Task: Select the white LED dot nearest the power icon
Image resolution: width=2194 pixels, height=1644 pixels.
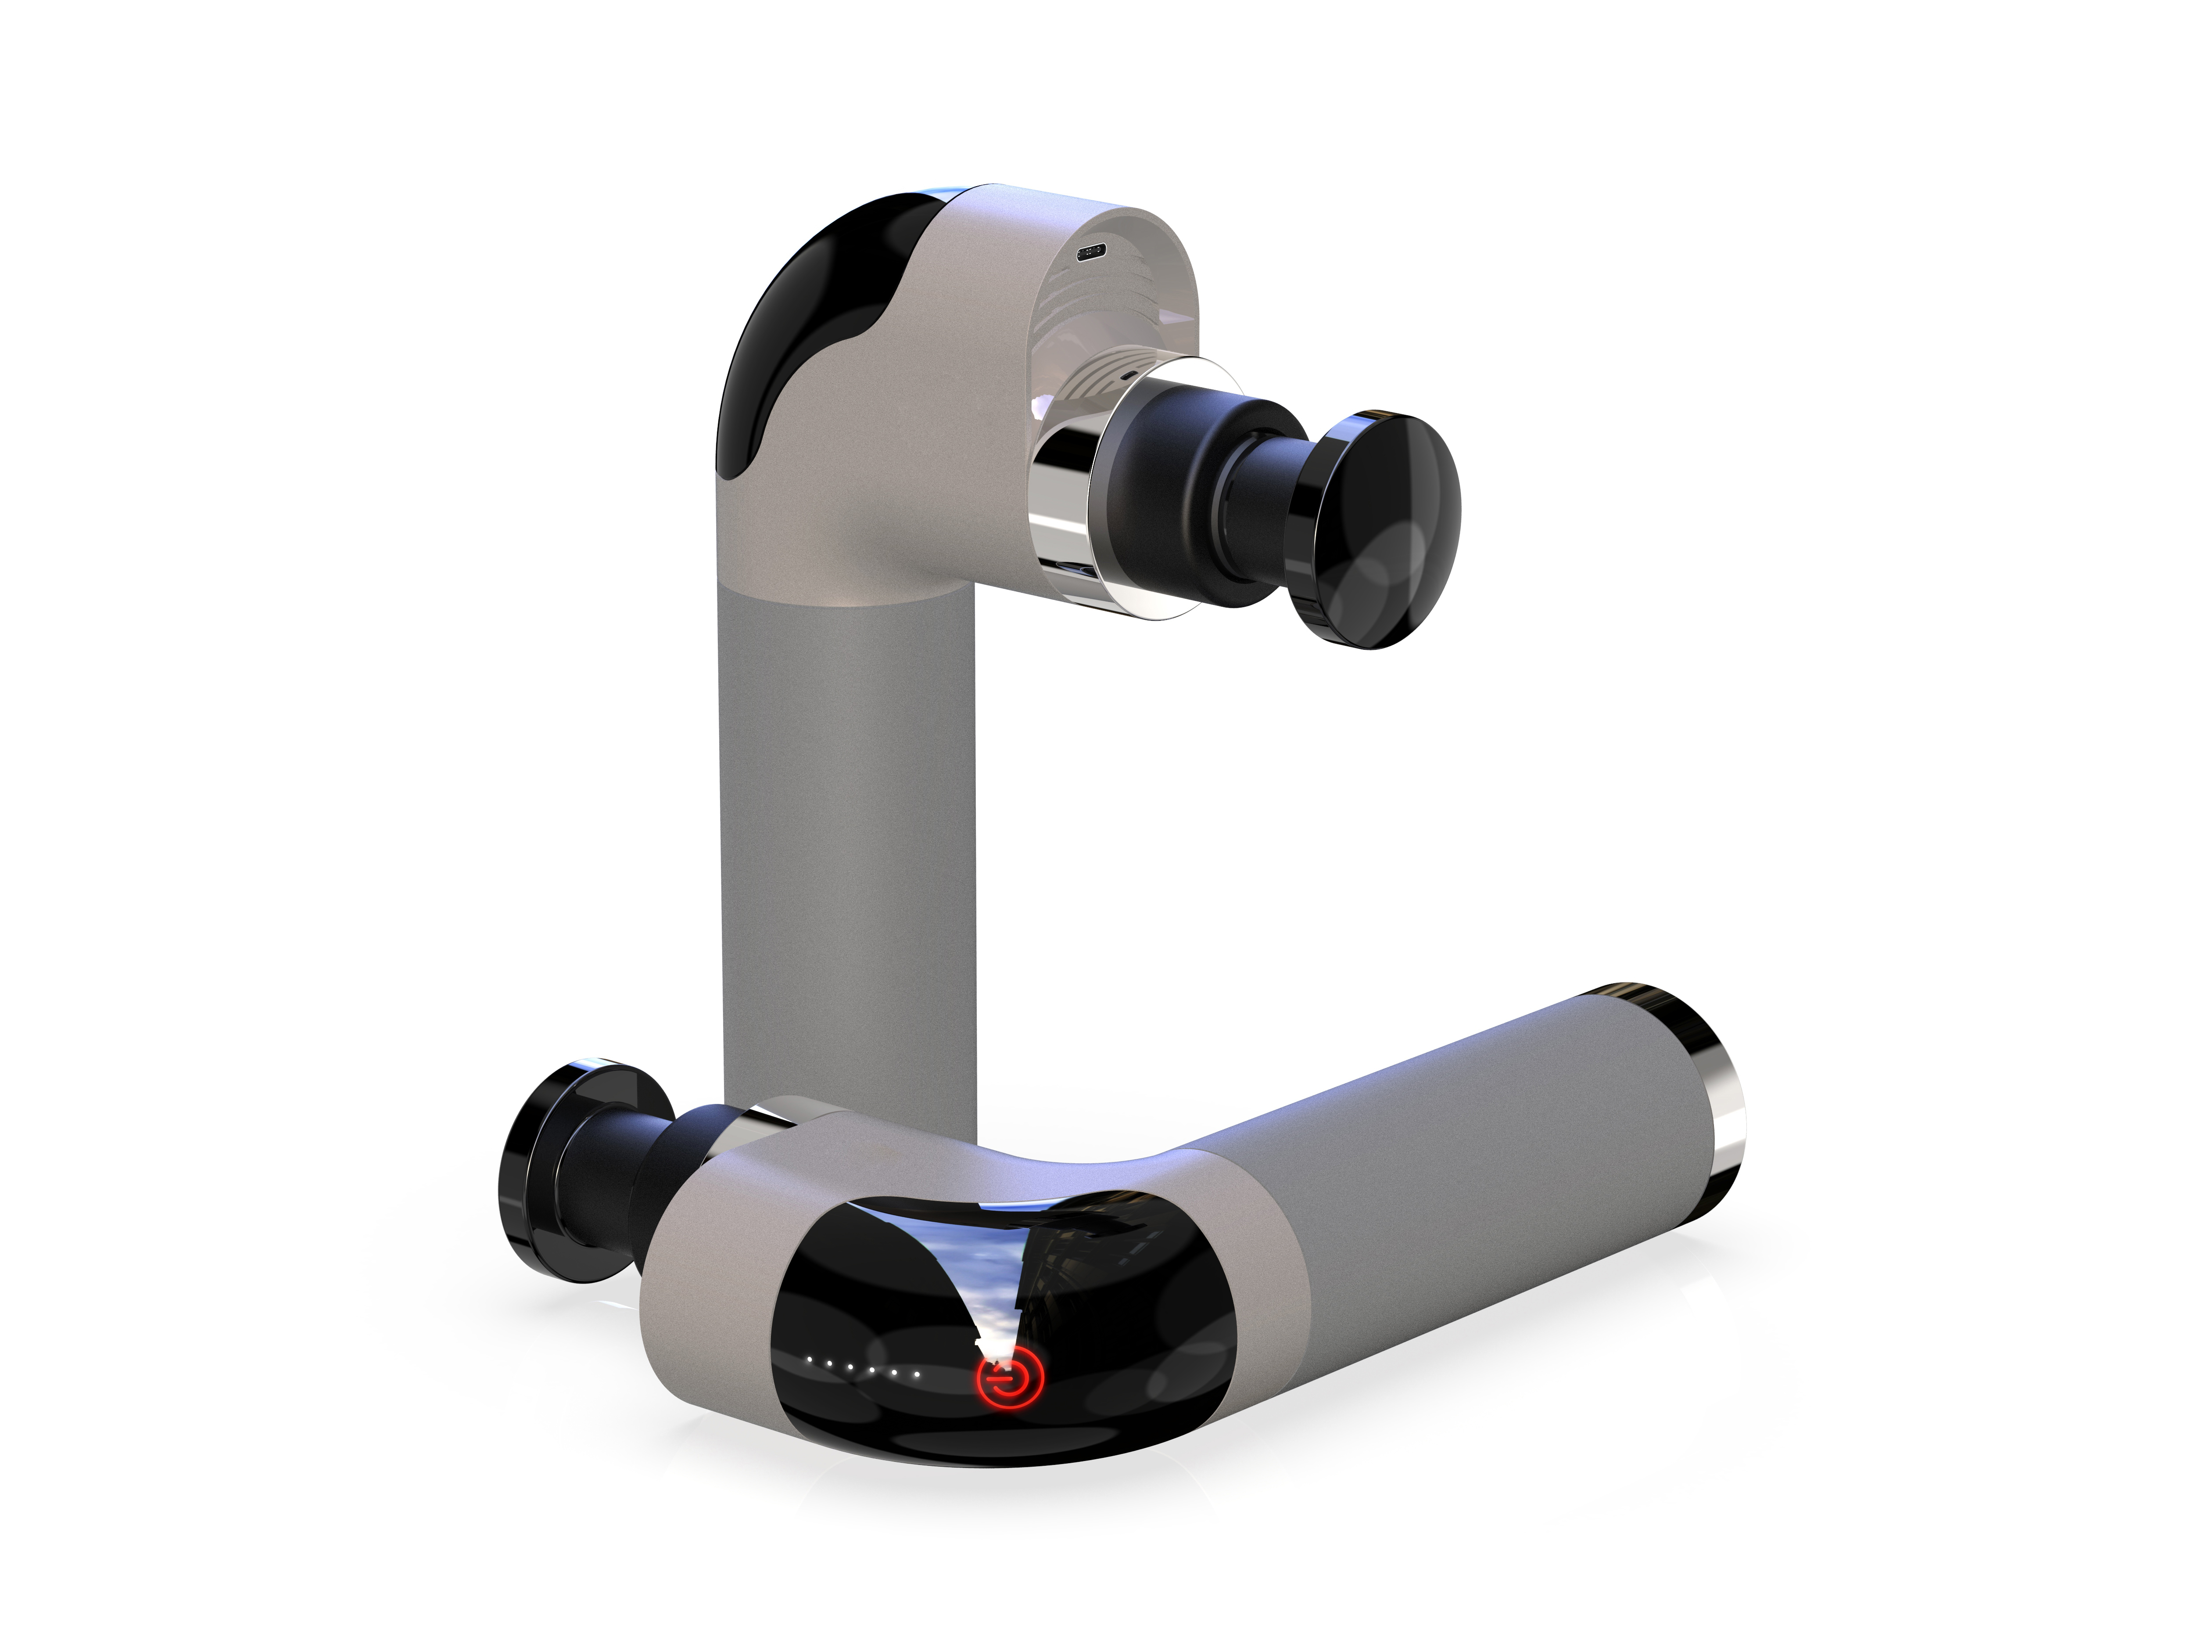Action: (917, 1375)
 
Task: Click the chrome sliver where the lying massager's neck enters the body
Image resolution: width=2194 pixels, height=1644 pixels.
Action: (759, 1119)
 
